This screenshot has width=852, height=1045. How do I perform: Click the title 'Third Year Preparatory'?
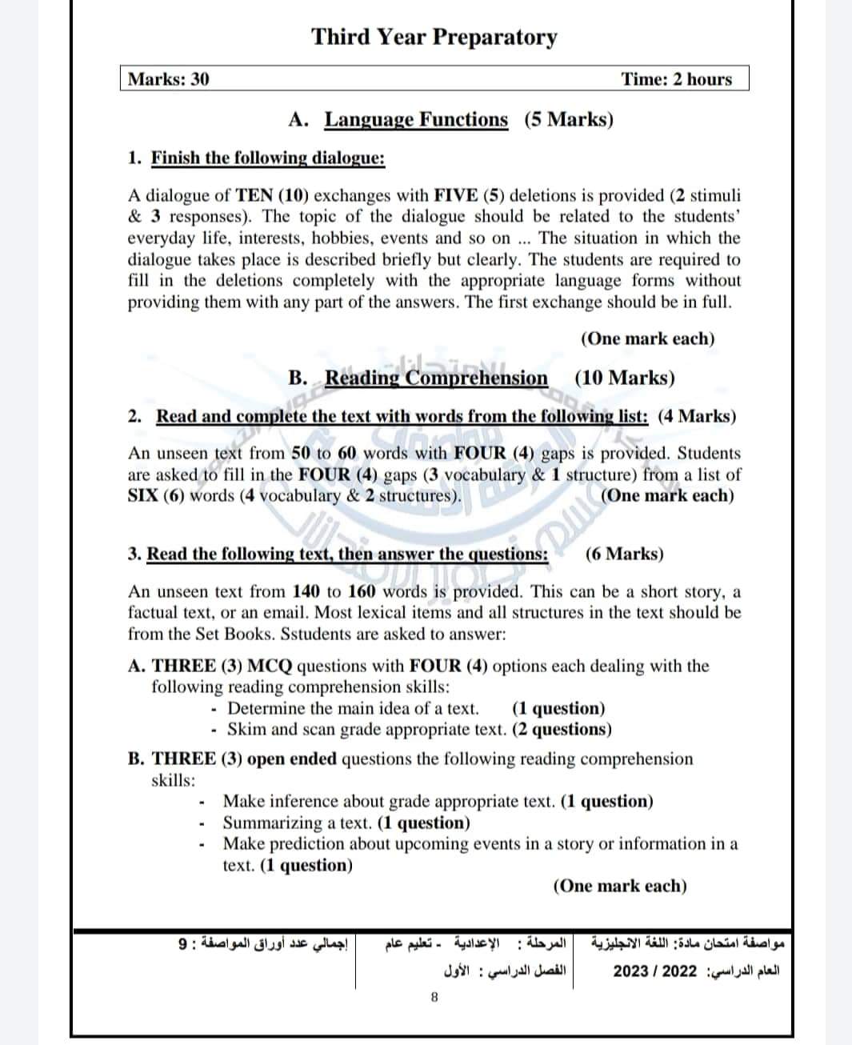pyautogui.click(x=434, y=37)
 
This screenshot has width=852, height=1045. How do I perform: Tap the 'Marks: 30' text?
pyautogui.click(x=169, y=78)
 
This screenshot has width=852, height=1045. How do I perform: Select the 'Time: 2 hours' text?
pyautogui.click(x=676, y=78)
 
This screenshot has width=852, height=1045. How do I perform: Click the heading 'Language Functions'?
pyautogui.click(x=415, y=120)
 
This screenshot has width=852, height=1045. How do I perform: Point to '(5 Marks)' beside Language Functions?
pyautogui.click(x=569, y=120)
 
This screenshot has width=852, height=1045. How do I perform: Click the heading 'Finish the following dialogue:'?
pyautogui.click(x=268, y=157)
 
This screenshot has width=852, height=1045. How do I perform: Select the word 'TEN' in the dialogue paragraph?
pyautogui.click(x=254, y=195)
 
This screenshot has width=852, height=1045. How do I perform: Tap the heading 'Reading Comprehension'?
pyautogui.click(x=436, y=378)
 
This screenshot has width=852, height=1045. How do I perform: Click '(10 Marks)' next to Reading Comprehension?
pyautogui.click(x=624, y=378)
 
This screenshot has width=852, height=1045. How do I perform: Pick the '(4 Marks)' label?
pyautogui.click(x=697, y=416)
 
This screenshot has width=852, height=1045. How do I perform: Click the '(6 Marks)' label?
pyautogui.click(x=624, y=554)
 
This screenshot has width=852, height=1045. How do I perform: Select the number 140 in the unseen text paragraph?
pyautogui.click(x=306, y=592)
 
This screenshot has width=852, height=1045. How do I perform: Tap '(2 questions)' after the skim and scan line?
pyautogui.click(x=562, y=729)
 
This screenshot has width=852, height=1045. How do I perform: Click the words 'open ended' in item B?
pyautogui.click(x=292, y=759)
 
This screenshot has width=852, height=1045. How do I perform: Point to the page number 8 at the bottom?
pyautogui.click(x=434, y=997)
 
